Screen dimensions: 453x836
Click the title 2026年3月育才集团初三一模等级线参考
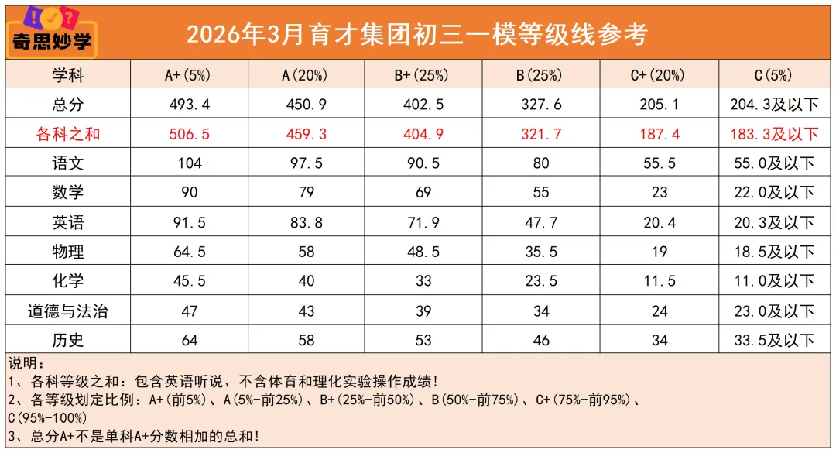416,34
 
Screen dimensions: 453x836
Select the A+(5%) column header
188,75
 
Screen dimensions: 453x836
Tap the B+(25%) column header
423,75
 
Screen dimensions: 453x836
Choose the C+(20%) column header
660,75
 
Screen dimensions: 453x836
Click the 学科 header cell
68,75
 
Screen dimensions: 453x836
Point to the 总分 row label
68,105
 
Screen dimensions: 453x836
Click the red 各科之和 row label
68,134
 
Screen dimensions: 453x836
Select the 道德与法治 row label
68,311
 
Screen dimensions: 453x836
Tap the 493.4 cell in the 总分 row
189,105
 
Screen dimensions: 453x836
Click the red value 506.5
189,134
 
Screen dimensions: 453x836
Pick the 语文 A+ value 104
189,163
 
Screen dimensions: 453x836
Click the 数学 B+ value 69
423,193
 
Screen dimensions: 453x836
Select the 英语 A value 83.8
307,222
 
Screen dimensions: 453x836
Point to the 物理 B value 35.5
541,252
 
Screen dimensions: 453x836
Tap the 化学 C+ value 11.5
660,281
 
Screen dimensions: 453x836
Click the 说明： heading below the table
27,363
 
